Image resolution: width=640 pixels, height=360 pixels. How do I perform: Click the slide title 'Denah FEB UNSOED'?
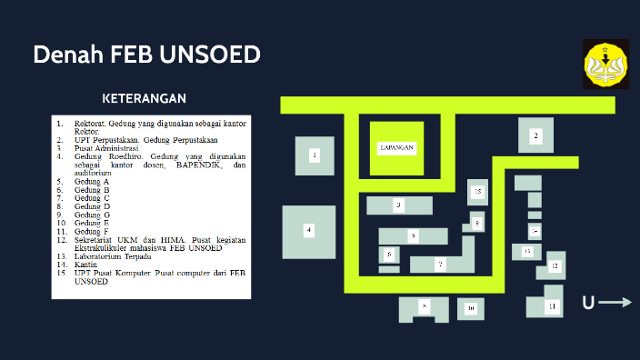(146, 55)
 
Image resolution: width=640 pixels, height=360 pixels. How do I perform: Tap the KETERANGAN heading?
(145, 98)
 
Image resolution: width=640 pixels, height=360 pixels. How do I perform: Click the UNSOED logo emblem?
(605, 65)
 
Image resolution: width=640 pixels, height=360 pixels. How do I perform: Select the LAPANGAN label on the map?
(396, 147)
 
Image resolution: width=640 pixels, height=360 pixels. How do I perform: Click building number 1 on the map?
(315, 155)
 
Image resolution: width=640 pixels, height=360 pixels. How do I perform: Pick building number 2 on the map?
(535, 135)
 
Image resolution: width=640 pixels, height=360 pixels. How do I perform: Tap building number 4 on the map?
(309, 230)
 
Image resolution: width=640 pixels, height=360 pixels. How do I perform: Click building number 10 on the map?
(471, 309)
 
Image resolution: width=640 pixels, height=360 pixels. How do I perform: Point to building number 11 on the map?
(551, 306)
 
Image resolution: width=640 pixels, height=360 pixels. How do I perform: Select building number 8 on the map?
(424, 307)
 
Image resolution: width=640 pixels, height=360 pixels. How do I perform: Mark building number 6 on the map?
(389, 255)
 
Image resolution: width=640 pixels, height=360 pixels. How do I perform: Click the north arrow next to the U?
(615, 303)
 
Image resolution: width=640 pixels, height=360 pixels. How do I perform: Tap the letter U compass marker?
(588, 303)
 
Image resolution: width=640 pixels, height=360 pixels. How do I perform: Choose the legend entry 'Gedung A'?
(92, 182)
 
